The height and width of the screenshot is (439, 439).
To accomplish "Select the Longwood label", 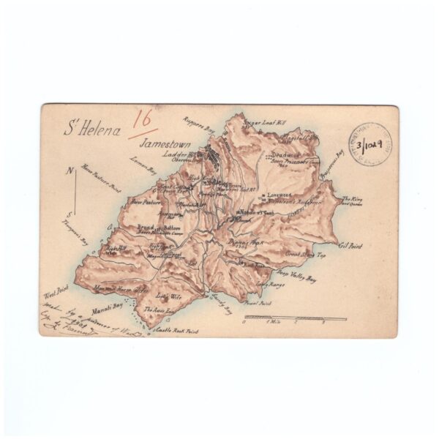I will click(x=279, y=195).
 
